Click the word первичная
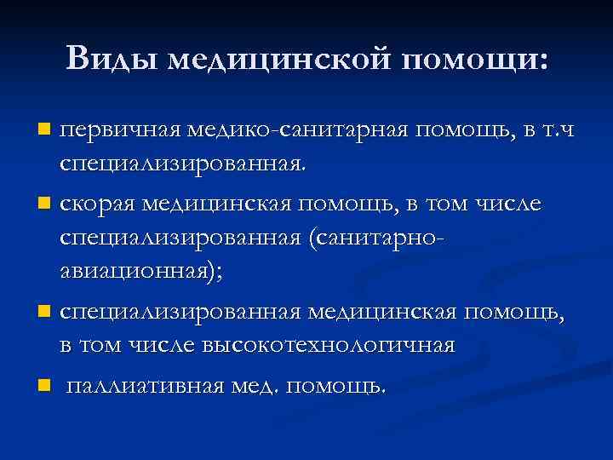pos(117,130)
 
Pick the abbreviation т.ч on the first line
pos(554,130)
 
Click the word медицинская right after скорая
pos(212,204)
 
